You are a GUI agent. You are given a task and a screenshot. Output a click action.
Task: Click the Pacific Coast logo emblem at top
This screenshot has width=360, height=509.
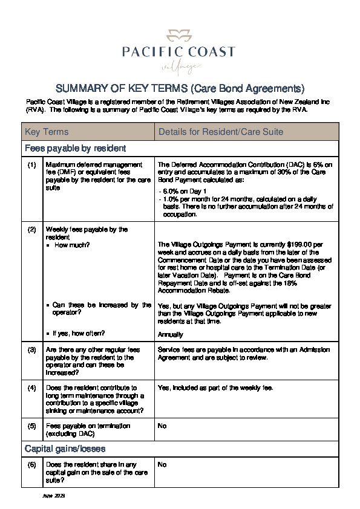(179, 34)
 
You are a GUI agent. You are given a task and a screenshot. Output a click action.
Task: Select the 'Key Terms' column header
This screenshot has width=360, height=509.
(47, 132)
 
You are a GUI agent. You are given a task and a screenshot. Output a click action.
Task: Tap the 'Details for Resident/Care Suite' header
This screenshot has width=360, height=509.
(212, 132)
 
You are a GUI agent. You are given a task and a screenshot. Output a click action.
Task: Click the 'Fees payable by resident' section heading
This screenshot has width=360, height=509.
(75, 148)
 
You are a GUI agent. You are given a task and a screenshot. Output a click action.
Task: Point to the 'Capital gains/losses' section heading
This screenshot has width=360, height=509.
(65, 449)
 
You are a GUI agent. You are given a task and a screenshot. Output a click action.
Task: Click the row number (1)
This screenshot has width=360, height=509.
(32, 164)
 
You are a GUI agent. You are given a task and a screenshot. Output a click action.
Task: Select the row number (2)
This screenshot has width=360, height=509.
(32, 230)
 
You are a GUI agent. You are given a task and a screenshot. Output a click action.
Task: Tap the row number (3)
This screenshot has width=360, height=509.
(32, 349)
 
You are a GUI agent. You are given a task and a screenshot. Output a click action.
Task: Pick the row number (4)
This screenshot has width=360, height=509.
(32, 387)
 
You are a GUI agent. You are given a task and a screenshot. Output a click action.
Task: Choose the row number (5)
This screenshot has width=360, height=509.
(32, 426)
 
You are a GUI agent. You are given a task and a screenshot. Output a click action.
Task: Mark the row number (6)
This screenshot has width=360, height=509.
(32, 464)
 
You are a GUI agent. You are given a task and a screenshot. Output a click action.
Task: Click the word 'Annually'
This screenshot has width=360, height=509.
(170, 334)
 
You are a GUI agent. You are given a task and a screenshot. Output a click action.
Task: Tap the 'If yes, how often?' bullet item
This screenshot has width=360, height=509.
(79, 333)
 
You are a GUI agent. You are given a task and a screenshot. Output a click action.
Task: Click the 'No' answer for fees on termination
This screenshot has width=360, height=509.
(162, 426)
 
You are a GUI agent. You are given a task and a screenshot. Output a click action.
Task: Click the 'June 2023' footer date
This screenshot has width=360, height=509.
(53, 496)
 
